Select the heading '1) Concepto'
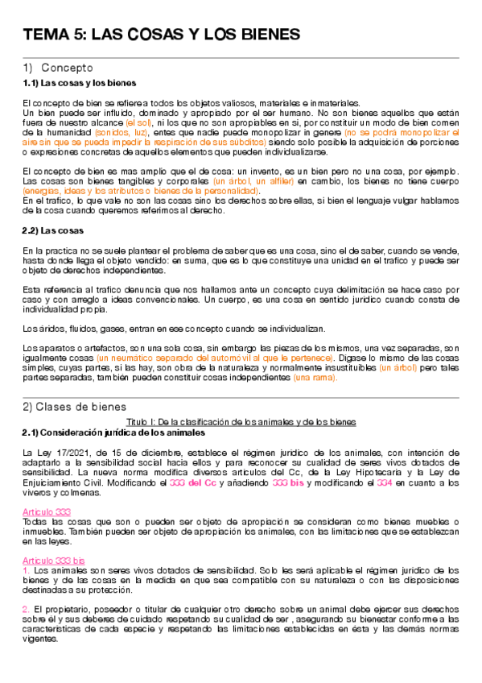tap(58, 68)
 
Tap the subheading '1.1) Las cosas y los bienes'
tap(79, 83)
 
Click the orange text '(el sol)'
tap(139, 122)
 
